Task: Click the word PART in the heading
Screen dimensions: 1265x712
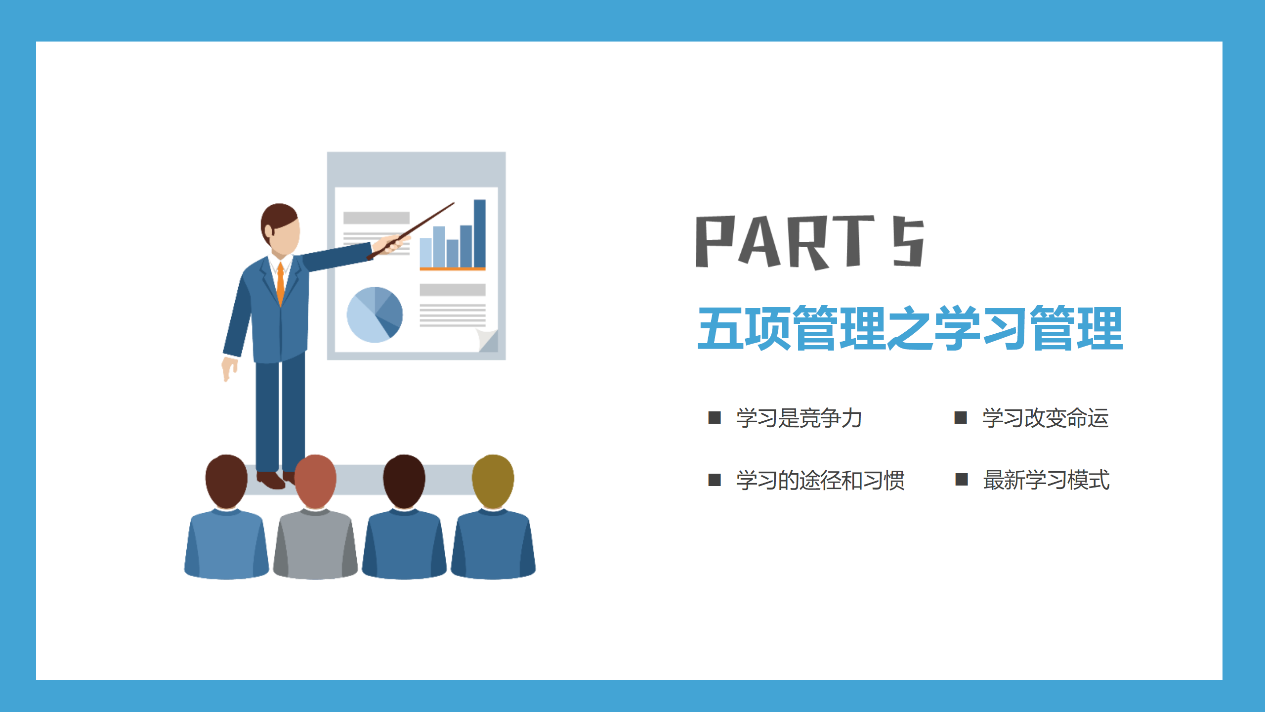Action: pos(785,242)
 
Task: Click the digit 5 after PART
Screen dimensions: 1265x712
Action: pos(908,242)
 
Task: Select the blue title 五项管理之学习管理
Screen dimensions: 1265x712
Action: pos(910,328)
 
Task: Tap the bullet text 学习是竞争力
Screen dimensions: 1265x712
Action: pos(799,418)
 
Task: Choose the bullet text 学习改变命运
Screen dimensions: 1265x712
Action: pos(1045,418)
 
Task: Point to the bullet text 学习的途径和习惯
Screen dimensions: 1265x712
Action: pos(820,480)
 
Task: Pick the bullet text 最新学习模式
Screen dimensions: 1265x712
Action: pos(1046,480)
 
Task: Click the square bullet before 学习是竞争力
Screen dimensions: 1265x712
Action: pos(715,418)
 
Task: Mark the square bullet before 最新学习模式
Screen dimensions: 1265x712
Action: pos(962,480)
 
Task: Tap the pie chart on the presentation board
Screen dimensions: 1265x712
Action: pos(375,315)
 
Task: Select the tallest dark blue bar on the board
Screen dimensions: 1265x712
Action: pos(480,233)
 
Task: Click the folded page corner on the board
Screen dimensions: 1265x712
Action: pos(487,340)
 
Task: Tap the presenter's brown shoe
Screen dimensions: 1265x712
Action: pos(270,480)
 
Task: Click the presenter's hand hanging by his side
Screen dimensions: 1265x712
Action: pos(229,369)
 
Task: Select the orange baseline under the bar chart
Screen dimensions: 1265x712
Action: pos(453,269)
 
